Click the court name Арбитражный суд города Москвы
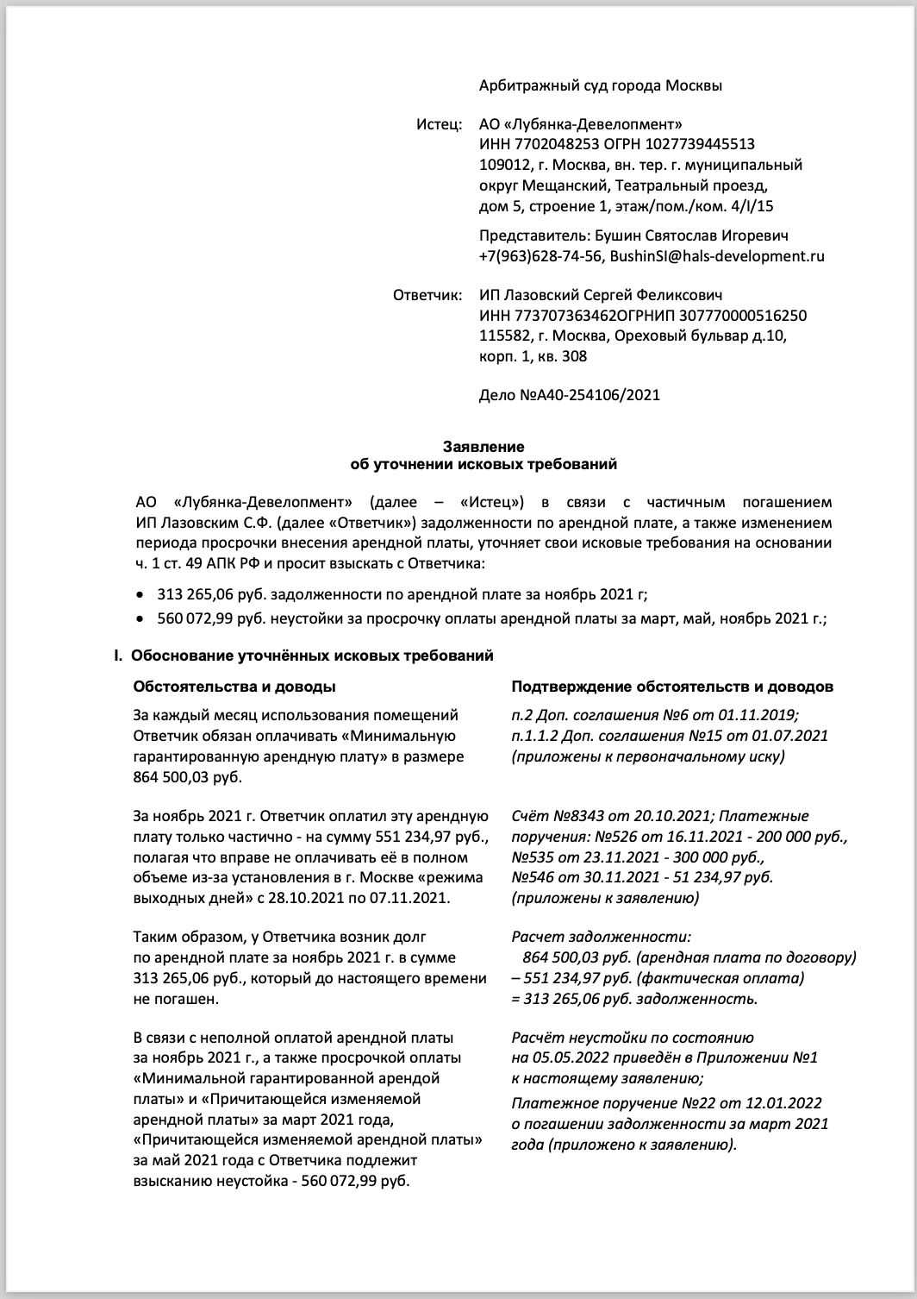click(x=600, y=85)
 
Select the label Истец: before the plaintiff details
click(x=440, y=123)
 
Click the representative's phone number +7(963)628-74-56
click(x=541, y=256)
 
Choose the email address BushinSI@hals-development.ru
click(x=717, y=256)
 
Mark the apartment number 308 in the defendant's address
click(x=575, y=357)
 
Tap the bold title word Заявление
click(x=483, y=447)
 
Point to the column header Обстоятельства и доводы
click(x=234, y=687)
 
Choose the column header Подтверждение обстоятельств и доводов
click(x=672, y=687)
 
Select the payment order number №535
click(x=531, y=857)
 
